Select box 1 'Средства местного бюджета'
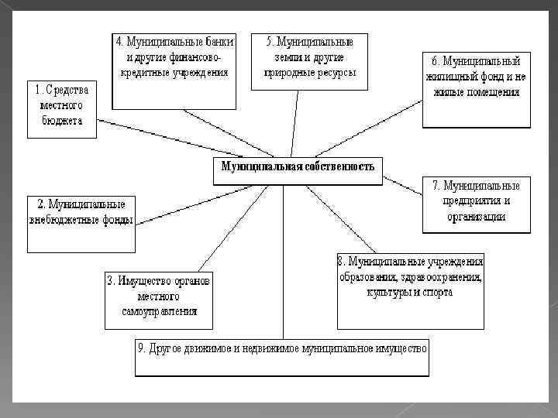(x=62, y=108)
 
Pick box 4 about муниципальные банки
(x=174, y=70)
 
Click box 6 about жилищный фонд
(x=476, y=89)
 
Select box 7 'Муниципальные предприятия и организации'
(x=476, y=204)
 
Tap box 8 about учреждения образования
(x=410, y=290)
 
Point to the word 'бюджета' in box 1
(x=62, y=122)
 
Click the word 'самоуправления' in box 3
(x=159, y=312)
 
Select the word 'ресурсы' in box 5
(x=337, y=73)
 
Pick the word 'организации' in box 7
(x=476, y=217)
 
